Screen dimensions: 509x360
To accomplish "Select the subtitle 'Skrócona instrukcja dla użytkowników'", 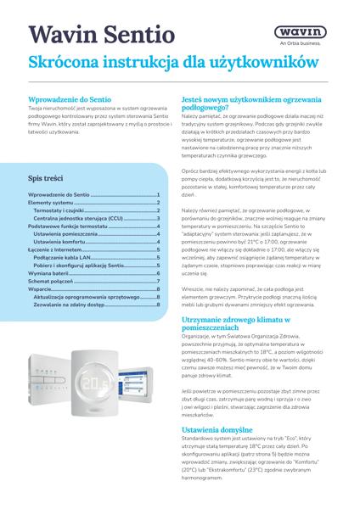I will point(173,63).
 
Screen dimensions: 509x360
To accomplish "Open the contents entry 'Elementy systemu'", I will point(51,203).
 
